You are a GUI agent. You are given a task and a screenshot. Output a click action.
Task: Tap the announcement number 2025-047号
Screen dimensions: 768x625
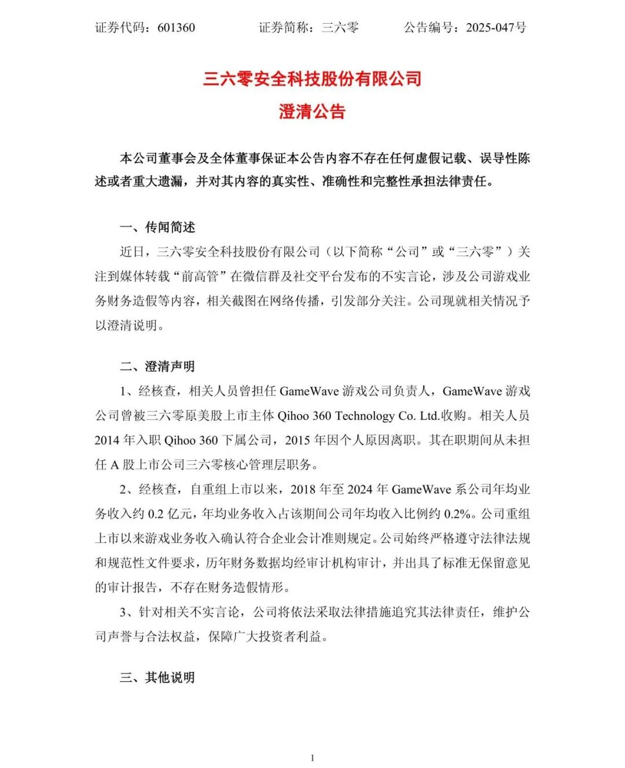click(x=496, y=28)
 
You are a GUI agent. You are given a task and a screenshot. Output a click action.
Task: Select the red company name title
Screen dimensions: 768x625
click(x=312, y=79)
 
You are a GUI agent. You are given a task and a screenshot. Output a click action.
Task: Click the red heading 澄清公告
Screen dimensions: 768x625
click(x=312, y=111)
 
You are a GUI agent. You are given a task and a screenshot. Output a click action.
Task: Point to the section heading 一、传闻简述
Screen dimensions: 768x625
click(x=157, y=227)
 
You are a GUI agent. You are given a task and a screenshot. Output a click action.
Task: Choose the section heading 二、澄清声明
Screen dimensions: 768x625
click(x=157, y=367)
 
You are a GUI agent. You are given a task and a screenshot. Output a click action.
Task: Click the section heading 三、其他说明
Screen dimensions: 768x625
click(x=157, y=677)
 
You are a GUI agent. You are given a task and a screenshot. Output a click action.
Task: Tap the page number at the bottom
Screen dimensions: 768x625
click(x=312, y=758)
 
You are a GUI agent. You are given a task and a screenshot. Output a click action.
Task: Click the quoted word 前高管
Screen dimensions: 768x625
click(x=200, y=276)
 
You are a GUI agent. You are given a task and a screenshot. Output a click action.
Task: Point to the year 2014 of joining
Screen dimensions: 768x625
click(x=107, y=440)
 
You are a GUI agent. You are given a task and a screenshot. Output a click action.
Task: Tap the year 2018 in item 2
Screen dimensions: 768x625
click(x=303, y=489)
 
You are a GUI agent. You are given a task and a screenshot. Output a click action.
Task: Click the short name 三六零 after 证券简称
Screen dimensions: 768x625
click(x=340, y=28)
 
